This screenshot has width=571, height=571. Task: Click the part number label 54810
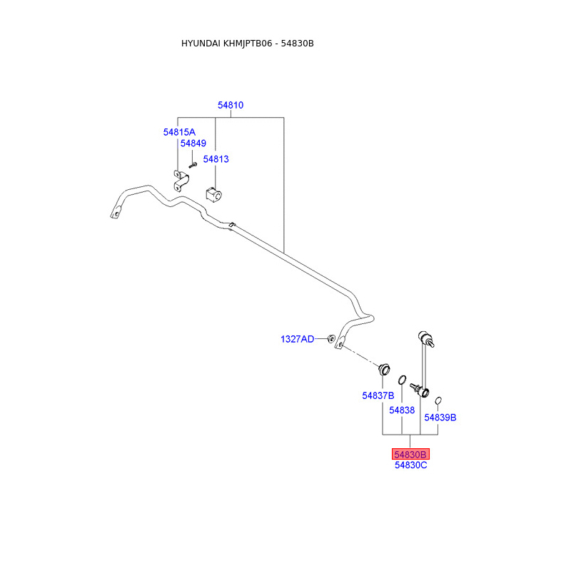coord(231,105)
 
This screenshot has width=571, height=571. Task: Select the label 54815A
coord(178,132)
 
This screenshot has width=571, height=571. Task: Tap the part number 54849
coord(193,143)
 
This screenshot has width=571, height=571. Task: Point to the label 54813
coord(216,159)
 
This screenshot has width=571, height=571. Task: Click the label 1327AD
coord(297,339)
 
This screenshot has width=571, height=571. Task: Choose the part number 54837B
coord(378,395)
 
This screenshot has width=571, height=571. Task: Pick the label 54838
coord(402,410)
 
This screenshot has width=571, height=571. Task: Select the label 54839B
coord(440,418)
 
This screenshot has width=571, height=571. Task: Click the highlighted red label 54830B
coord(410,454)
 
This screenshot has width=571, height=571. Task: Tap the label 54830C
coord(410,465)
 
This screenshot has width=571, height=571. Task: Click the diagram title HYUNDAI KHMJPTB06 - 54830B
coord(248,44)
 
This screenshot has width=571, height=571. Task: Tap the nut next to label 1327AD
coord(331,338)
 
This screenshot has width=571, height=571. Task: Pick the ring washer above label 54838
coord(403,380)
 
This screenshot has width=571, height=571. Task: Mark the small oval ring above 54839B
coord(439,400)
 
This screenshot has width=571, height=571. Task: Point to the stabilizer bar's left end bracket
coord(116,213)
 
